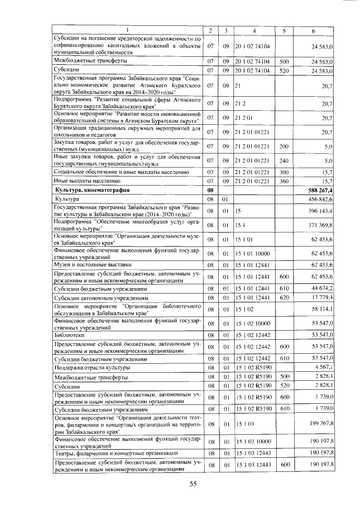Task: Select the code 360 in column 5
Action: (x=283, y=181)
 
